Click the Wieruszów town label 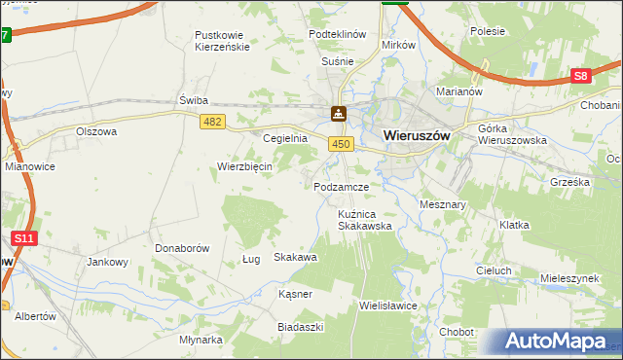(417, 136)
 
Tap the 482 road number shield (213, 121)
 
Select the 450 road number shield (339, 144)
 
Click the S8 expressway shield (581, 76)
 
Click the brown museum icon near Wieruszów (338, 114)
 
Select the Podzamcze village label (341, 186)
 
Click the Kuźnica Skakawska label (364, 219)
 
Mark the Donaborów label (182, 248)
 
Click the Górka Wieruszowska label (512, 134)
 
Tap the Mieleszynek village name (569, 277)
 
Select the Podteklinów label (337, 33)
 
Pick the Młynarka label (202, 340)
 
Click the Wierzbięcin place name (244, 166)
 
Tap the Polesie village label (487, 31)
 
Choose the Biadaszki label (300, 327)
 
